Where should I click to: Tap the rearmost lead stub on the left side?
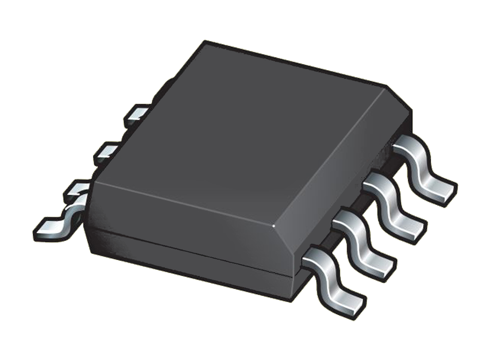click(x=136, y=113)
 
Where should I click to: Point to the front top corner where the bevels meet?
click(x=274, y=226)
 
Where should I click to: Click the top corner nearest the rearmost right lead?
click(x=386, y=86)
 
